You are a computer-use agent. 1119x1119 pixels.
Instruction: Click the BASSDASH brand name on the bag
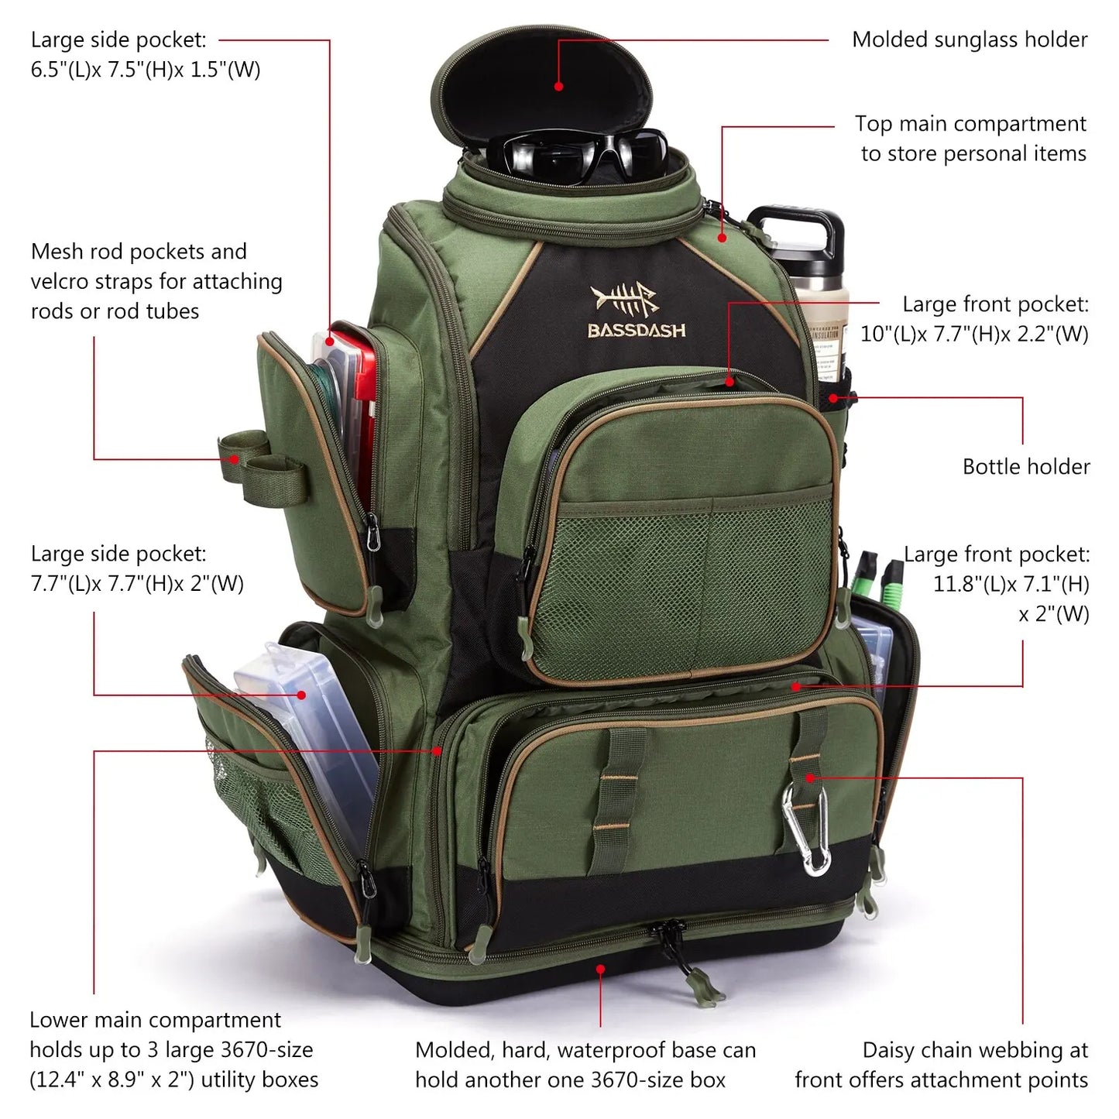[637, 331]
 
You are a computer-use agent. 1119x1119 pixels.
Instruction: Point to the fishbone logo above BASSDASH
[624, 298]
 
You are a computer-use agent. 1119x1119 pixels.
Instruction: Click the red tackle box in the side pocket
[356, 403]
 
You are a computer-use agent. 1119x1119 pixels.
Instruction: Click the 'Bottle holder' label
[1025, 467]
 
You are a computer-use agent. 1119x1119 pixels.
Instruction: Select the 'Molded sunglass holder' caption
[970, 39]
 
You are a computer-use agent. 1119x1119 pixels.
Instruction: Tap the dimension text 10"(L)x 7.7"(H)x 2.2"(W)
[974, 335]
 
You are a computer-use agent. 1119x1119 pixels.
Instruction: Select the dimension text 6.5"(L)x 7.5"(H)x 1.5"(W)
[146, 70]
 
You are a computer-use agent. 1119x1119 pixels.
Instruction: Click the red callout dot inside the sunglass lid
[558, 87]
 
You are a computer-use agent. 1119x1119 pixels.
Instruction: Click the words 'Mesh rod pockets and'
[139, 252]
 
